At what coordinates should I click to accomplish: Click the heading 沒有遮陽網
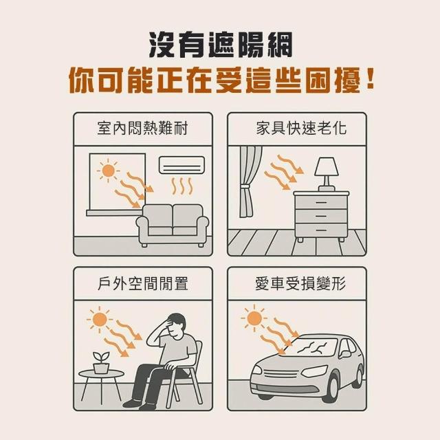(220, 45)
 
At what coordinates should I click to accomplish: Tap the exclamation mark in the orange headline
(370, 80)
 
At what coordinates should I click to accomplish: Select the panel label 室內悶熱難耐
(142, 129)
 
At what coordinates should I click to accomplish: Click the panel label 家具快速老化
(301, 129)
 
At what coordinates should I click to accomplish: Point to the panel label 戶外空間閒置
(143, 283)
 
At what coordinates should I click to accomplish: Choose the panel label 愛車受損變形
(300, 283)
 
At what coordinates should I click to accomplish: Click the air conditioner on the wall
(181, 165)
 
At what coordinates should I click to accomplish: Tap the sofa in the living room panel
(173, 225)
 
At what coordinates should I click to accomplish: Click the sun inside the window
(108, 170)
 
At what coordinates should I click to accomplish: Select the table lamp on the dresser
(327, 174)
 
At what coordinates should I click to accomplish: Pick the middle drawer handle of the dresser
(321, 217)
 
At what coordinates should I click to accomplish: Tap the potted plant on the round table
(101, 362)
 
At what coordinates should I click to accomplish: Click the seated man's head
(176, 325)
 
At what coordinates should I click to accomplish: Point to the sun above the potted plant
(100, 319)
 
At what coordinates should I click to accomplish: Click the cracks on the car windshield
(313, 347)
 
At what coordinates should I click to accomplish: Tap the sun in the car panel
(254, 318)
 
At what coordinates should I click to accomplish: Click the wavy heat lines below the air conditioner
(181, 186)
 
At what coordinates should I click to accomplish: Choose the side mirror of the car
(345, 353)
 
